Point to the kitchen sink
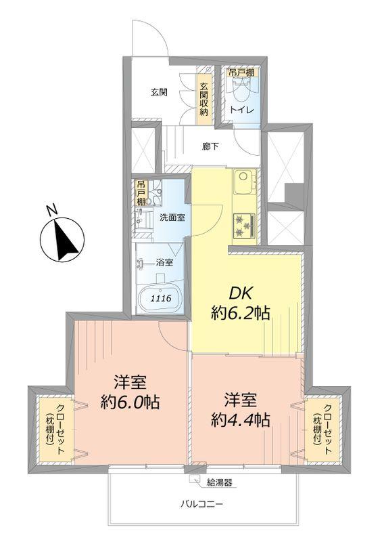(243, 182)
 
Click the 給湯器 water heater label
(218, 483)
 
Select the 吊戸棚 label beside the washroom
(141, 193)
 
